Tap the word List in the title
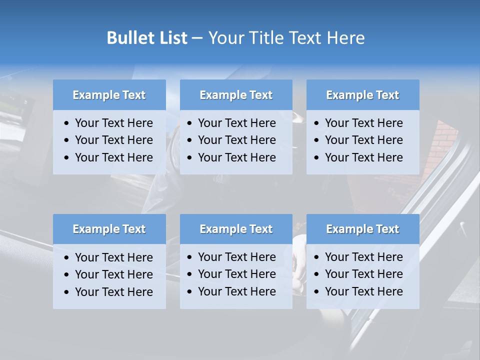coord(171,38)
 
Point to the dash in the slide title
coord(197,38)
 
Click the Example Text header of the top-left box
coord(109,95)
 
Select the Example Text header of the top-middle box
coord(236,95)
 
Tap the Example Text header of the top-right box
coord(362,95)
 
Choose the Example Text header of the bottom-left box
coord(109,229)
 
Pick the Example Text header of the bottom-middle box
coord(236,229)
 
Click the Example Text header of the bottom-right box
coord(362,229)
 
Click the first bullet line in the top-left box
coord(113,123)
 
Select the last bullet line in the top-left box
coord(113,157)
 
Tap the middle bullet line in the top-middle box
coord(236,140)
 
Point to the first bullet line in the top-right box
coord(363,123)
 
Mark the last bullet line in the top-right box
coord(363,157)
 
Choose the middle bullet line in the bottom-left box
coord(113,274)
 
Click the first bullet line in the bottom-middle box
coord(236,257)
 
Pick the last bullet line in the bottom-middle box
coord(236,291)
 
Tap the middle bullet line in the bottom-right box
coord(363,274)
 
